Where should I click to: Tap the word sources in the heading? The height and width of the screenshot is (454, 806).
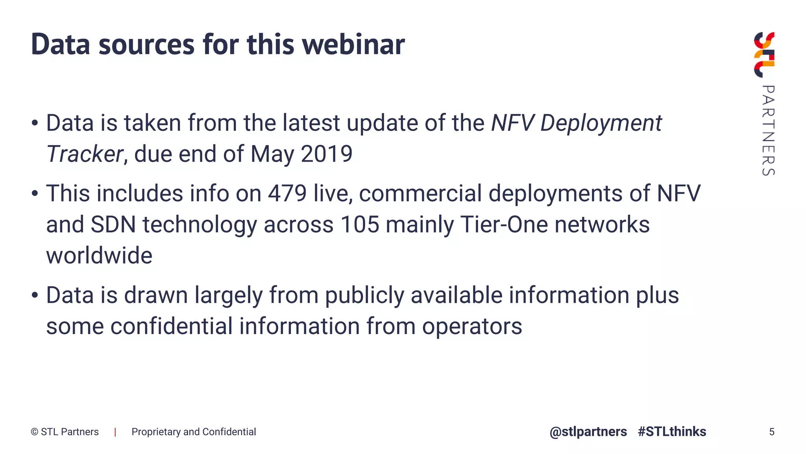pos(146,44)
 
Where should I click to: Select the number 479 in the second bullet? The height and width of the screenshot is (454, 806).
pos(287,193)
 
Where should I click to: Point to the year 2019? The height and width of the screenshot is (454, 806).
pos(327,154)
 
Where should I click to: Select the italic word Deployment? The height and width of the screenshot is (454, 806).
pos(601,123)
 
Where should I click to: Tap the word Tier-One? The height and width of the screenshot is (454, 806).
pos(504,224)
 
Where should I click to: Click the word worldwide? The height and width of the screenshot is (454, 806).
pos(99,255)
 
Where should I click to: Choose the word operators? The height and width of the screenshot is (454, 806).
pos(472,326)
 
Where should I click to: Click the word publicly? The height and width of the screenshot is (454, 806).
pos(364,295)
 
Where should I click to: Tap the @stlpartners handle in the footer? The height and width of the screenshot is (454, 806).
pos(588,432)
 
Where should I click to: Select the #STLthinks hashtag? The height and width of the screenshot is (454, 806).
pos(672,432)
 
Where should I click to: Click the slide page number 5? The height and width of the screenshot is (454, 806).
pos(771,432)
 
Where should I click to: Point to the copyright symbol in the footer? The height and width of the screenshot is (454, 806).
pos(35,432)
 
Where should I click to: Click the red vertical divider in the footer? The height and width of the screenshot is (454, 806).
pos(115,432)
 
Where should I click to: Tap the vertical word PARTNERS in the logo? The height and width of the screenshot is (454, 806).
pos(768,130)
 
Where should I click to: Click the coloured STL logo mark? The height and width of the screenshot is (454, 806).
pos(764,55)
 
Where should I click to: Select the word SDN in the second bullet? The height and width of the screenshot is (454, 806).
pos(113,224)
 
